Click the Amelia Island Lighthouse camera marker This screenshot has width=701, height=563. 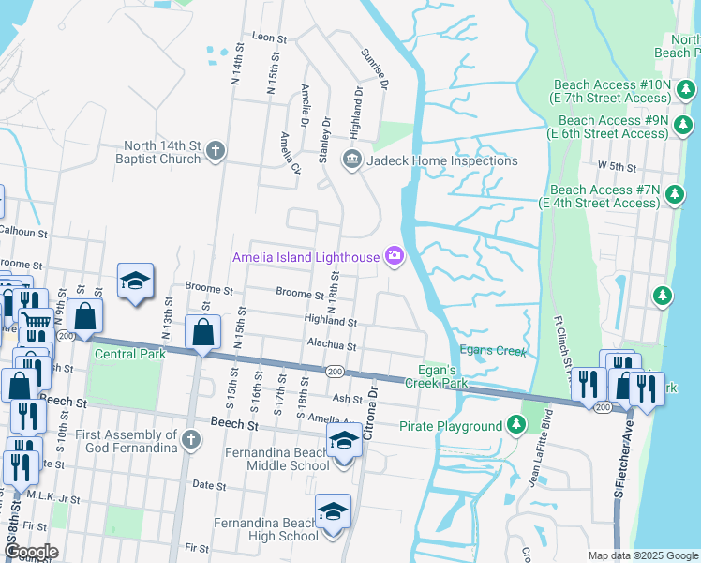point(395,256)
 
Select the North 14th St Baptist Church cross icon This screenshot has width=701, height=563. point(215,151)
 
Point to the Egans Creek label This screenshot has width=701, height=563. point(493,351)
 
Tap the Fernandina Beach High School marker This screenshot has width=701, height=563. point(333,512)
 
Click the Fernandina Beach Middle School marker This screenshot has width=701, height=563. point(344,441)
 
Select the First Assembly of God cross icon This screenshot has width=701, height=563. point(190,439)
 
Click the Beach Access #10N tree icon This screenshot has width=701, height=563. point(686,90)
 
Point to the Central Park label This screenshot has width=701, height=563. point(130,354)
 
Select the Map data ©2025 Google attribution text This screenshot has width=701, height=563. point(643,555)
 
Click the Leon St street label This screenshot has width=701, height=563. point(268,37)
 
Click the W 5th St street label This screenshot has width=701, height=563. point(618,166)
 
